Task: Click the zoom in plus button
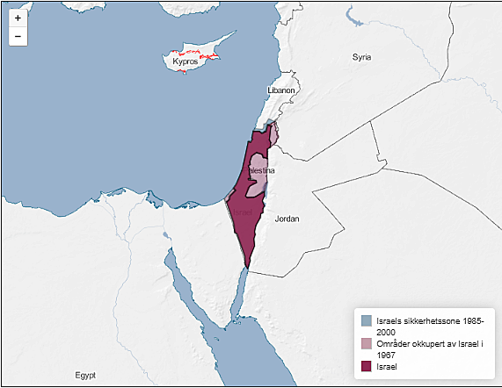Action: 18,18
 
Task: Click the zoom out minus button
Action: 18,36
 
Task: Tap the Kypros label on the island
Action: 186,62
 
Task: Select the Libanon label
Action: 282,90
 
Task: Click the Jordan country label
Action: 287,219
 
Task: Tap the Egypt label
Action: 85,375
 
